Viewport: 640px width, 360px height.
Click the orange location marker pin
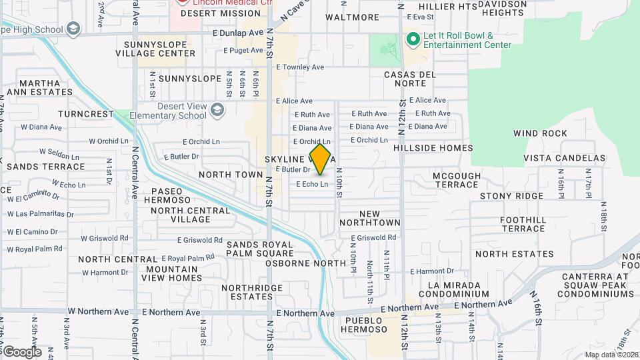click(321, 159)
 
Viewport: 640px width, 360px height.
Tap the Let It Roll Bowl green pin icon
click(413, 39)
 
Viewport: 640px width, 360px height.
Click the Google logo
click(22, 352)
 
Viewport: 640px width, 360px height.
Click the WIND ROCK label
click(540, 133)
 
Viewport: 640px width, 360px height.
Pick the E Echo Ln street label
click(312, 184)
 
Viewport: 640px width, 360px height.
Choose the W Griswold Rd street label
click(105, 238)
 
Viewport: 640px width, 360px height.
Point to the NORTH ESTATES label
click(514, 254)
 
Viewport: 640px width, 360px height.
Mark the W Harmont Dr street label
click(105, 273)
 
